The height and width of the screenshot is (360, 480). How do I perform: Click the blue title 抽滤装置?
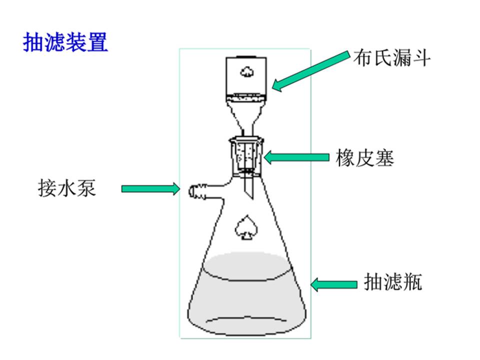(65, 43)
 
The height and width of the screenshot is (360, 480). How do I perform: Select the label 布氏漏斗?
(391, 58)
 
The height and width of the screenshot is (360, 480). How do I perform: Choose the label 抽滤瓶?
(392, 282)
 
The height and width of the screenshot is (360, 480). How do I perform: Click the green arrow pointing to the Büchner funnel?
(310, 70)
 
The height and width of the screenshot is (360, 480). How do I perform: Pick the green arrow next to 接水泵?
(150, 188)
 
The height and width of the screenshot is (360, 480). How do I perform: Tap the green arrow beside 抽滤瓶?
(333, 284)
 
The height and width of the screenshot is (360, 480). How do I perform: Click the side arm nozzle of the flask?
(196, 190)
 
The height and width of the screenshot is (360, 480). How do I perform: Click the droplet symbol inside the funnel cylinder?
(246, 71)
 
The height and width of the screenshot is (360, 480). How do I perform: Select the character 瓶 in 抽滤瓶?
(413, 282)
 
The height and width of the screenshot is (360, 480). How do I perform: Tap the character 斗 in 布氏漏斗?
(420, 58)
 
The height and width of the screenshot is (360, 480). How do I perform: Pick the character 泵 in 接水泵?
(86, 188)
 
